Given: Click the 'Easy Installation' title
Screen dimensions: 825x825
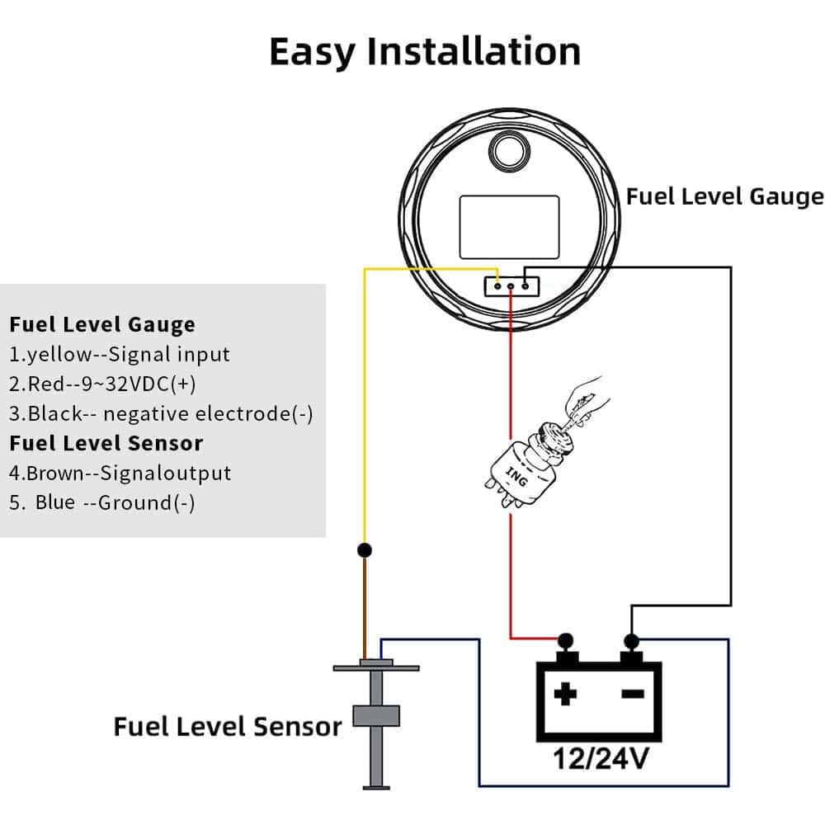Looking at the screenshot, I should pos(425,51).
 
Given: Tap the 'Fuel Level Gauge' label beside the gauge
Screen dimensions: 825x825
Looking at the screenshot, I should pos(724,196).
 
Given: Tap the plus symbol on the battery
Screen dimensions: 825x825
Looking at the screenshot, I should pos(565,695).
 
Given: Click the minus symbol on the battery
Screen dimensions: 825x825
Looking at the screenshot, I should pos(633,695).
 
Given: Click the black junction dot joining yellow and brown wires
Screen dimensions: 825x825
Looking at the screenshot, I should pos(364,549).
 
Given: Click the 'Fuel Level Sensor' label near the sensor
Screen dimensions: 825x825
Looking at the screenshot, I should pos(227,727).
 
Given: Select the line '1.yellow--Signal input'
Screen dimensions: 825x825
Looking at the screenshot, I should pos(120,355).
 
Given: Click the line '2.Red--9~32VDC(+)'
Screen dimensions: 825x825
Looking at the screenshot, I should pos(102,384).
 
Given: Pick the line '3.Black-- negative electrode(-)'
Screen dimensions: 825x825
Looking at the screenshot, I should pos(161,413).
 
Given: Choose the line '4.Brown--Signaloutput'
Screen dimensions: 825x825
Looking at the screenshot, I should pos(120,474).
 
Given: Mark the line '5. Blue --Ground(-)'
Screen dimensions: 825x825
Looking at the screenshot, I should pos(102,503).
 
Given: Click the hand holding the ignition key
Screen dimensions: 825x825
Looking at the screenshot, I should pos(587,396).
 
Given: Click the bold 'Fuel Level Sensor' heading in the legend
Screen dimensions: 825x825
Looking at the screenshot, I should pos(106,443).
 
